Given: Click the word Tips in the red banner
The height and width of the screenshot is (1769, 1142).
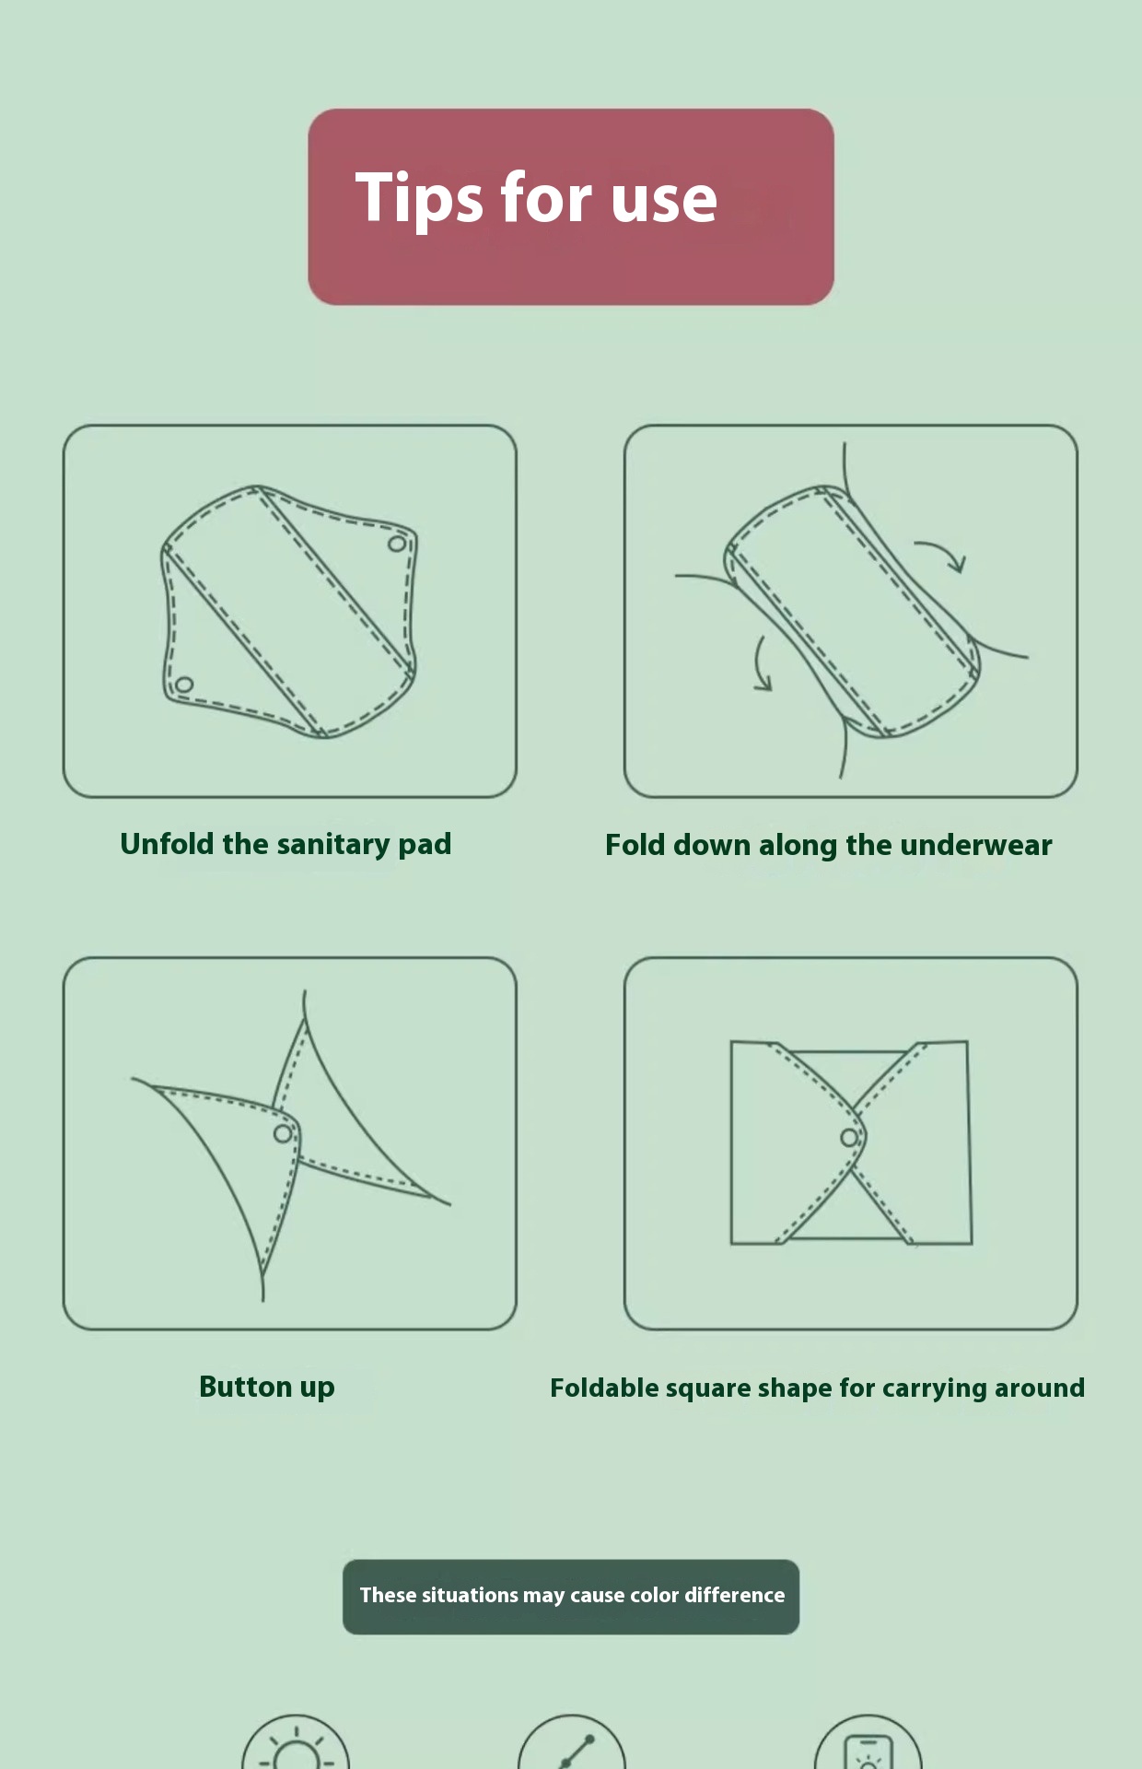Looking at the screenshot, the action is coord(419,198).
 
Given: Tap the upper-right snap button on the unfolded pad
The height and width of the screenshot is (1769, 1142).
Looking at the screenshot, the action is coord(396,544).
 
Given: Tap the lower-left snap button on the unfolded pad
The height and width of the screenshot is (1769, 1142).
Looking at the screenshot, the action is coord(184,685).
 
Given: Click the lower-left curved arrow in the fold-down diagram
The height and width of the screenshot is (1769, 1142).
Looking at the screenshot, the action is coord(758,663).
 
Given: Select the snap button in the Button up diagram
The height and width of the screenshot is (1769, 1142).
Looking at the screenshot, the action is coord(283,1132).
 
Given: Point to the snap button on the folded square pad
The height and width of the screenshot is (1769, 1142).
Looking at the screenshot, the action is coord(849,1138).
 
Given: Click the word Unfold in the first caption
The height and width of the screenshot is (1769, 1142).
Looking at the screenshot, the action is coord(167,844).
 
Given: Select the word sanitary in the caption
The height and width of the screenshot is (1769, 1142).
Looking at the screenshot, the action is coord(333,845).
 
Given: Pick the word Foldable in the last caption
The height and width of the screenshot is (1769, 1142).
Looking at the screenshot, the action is coord(603,1388).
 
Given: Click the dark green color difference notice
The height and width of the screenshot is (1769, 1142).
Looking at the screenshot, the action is coord(571,1597).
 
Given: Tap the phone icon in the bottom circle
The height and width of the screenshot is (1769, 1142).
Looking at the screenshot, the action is coord(868,1751).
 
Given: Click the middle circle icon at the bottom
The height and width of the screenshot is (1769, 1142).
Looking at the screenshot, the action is coord(572,1741).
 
